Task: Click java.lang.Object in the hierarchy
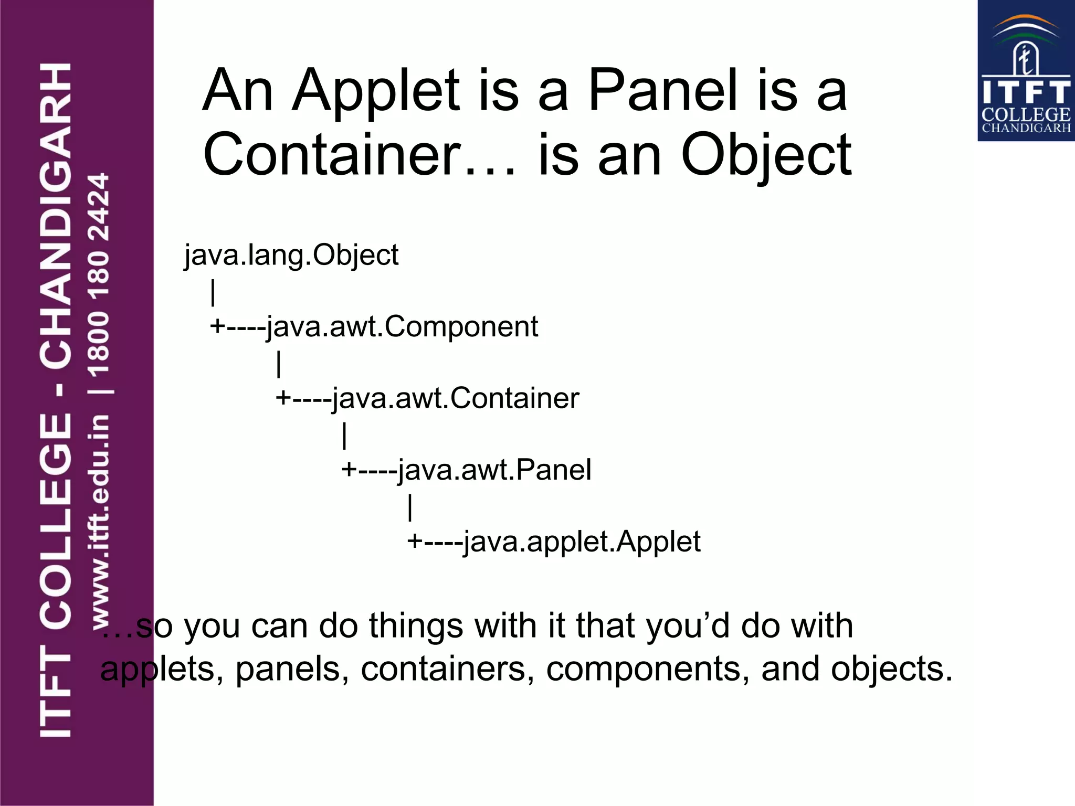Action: (291, 256)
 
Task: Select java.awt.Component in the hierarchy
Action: (402, 327)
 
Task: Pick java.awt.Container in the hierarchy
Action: (455, 398)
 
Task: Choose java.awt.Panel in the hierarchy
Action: (494, 470)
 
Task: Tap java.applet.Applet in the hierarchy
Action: (582, 542)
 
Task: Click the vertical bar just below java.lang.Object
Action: (213, 292)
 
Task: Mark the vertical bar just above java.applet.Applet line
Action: (410, 507)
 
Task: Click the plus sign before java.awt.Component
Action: (217, 326)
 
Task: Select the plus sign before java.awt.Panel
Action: (349, 469)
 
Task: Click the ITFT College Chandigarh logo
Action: (1026, 71)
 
